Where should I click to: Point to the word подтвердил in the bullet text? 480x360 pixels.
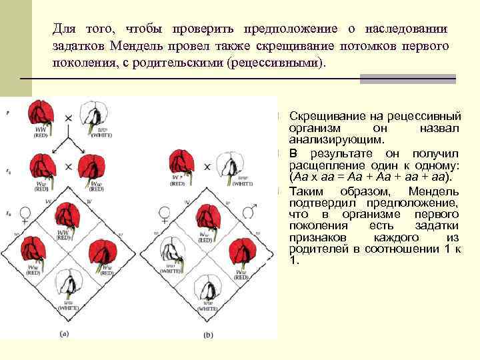322,203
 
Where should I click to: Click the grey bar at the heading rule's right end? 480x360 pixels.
408,79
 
